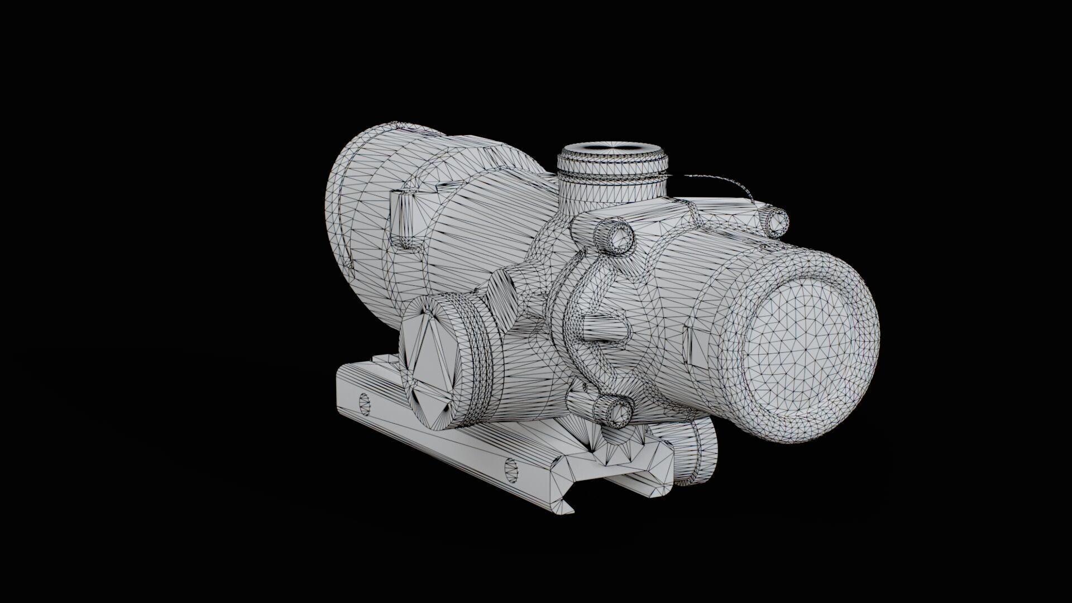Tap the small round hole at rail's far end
pos(365,403)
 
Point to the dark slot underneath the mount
pos(631,481)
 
